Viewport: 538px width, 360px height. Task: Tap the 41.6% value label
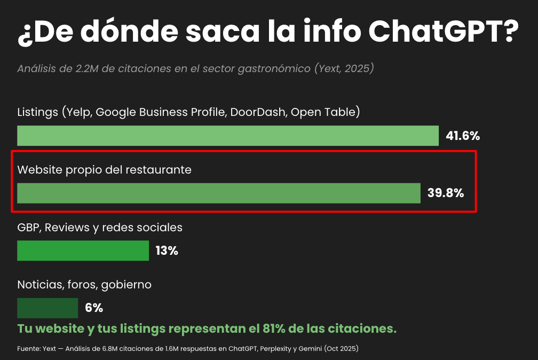coord(463,136)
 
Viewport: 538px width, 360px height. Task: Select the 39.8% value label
coord(445,193)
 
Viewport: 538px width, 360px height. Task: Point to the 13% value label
coord(167,251)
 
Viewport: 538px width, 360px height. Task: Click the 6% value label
coord(94,308)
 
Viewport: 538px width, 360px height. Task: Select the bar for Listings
coord(228,136)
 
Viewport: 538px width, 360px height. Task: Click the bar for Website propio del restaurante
coord(219,193)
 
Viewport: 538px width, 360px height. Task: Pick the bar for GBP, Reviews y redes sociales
coord(83,251)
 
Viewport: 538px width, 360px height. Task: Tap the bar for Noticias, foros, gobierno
coord(48,308)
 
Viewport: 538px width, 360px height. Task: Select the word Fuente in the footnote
coord(28,349)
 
